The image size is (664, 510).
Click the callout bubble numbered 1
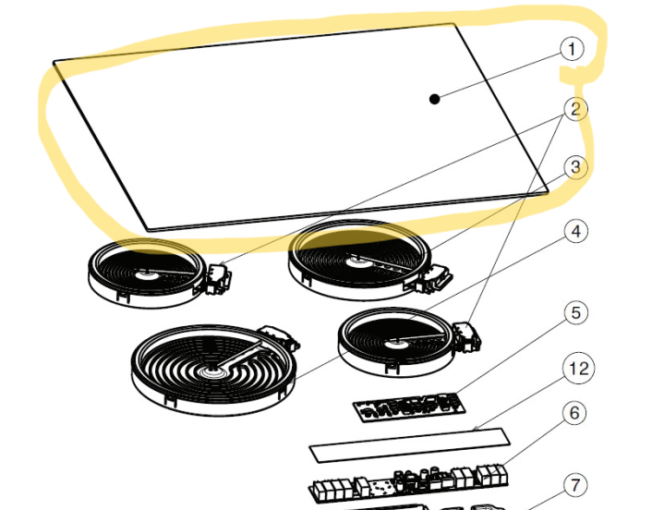pos(572,49)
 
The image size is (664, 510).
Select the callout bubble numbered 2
pos(575,109)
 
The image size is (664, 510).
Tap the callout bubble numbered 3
pos(575,167)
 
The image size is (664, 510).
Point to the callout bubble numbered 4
pos(576,231)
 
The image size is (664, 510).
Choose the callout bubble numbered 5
pos(576,313)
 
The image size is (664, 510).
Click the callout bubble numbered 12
pos(578,369)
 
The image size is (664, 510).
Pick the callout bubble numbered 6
pos(575,413)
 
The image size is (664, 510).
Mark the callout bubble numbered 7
pos(575,485)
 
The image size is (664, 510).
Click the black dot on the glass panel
pos(434,99)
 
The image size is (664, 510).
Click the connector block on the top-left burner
pos(219,278)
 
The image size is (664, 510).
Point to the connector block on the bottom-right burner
pos(466,336)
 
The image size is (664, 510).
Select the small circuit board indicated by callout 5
pos(409,407)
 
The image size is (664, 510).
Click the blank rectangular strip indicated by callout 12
pos(409,445)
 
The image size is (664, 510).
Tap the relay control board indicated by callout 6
pos(408,483)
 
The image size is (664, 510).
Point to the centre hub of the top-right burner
pos(355,262)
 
